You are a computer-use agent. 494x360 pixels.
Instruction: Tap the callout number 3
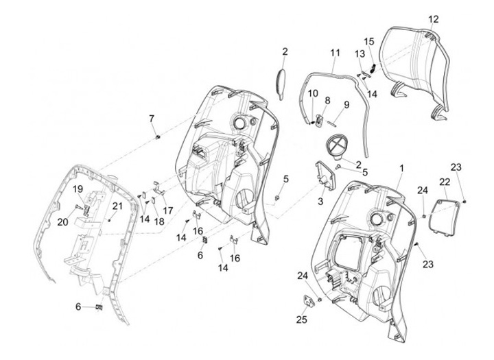319,202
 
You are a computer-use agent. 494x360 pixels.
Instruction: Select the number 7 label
152,119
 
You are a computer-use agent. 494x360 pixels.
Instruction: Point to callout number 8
327,100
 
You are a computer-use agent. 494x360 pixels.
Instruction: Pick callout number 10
312,93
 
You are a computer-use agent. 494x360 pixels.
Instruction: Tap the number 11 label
335,53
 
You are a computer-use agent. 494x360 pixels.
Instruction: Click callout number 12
433,19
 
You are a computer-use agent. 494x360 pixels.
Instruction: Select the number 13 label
359,53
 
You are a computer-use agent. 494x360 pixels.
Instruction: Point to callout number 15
368,41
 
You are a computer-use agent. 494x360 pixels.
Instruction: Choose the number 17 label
167,209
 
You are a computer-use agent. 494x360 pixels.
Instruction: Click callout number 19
78,190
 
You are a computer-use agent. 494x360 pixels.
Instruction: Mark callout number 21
117,206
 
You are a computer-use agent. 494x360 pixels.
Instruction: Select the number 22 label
445,181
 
